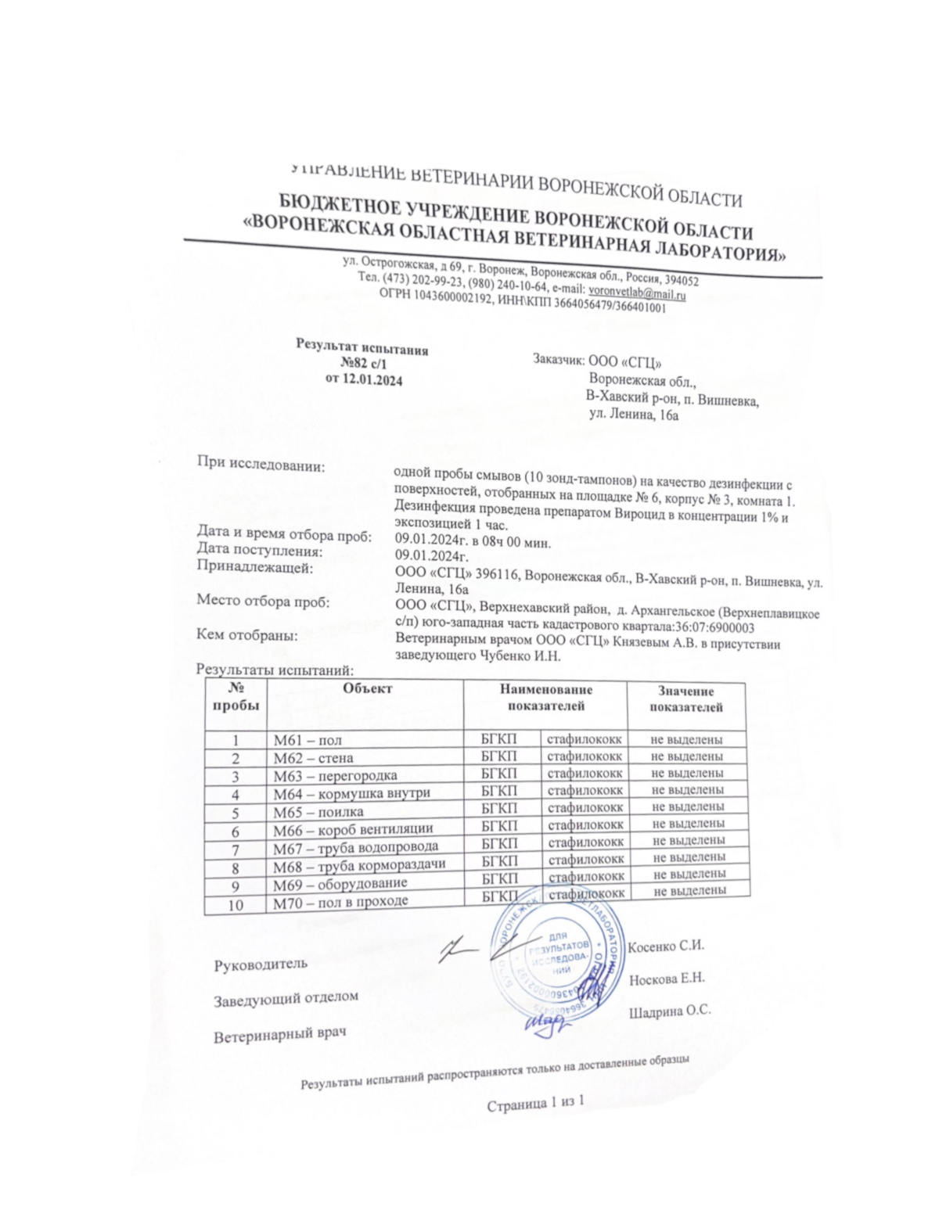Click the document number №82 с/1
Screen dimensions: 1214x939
point(363,364)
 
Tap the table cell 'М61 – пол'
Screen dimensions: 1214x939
point(308,740)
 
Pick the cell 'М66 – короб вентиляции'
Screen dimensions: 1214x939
point(353,828)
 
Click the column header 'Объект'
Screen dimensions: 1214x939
point(367,688)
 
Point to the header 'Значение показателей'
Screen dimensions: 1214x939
point(685,699)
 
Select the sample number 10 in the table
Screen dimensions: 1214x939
point(235,904)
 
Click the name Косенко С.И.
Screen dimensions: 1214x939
point(667,946)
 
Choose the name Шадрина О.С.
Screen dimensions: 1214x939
point(669,1011)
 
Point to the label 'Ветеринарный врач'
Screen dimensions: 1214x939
point(279,1035)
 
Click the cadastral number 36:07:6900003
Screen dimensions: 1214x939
point(714,627)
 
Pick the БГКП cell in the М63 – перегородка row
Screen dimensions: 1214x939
point(499,774)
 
